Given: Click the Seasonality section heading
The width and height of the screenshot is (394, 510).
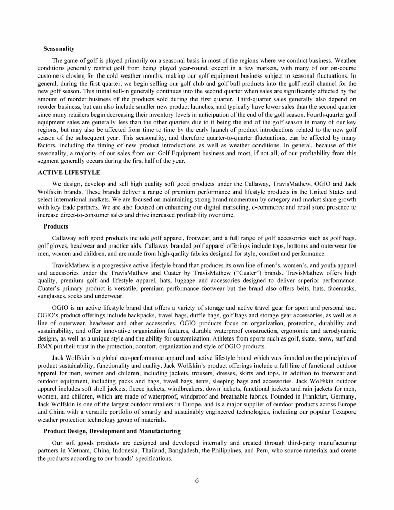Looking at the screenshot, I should pyautogui.click(x=59, y=49).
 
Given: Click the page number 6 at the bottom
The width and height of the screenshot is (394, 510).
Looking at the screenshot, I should pyautogui.click(x=196, y=481).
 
